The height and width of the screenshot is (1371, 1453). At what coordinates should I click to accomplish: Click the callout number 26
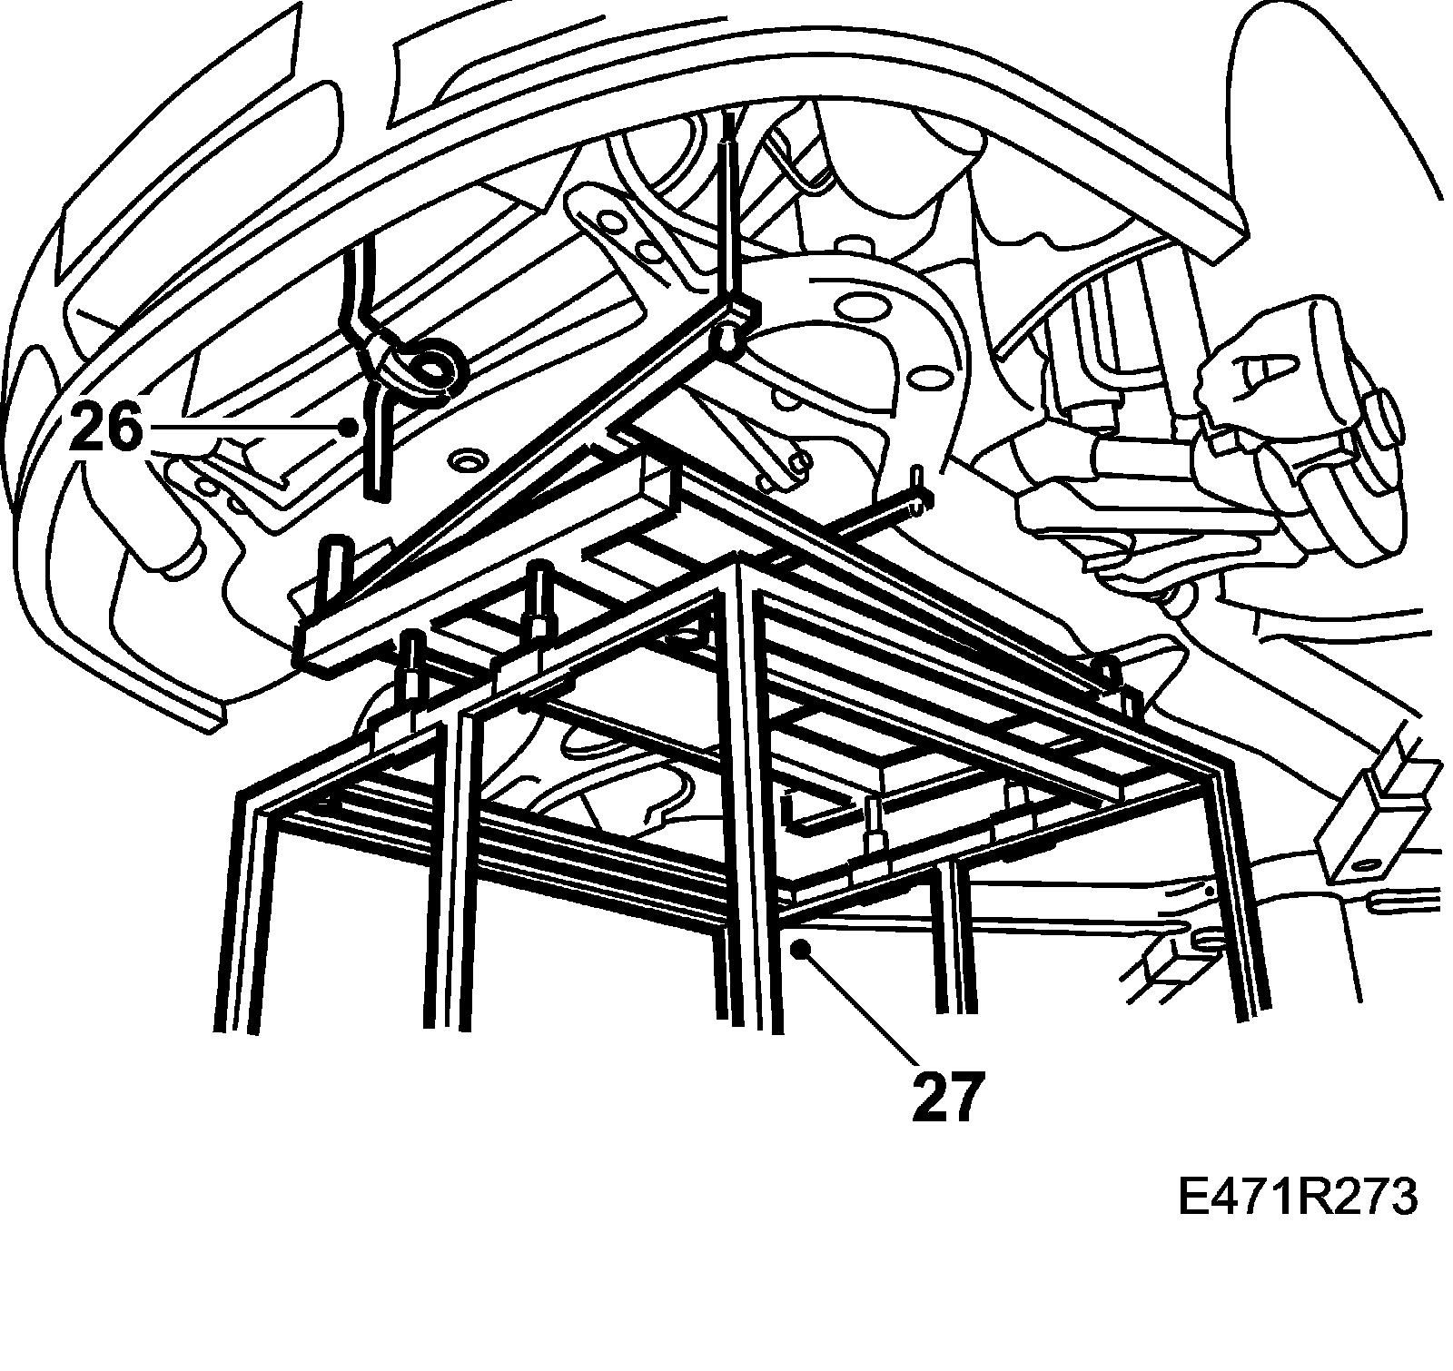(x=106, y=429)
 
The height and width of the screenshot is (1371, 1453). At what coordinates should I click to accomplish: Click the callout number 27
(x=948, y=1096)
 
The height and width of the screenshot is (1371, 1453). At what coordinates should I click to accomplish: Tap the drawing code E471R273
(x=1297, y=1198)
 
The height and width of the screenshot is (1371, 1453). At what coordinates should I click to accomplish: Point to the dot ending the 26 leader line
(x=348, y=426)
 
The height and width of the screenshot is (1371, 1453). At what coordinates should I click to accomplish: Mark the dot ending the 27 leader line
(x=799, y=949)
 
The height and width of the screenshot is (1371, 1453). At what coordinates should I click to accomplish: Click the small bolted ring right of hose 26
(x=469, y=462)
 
